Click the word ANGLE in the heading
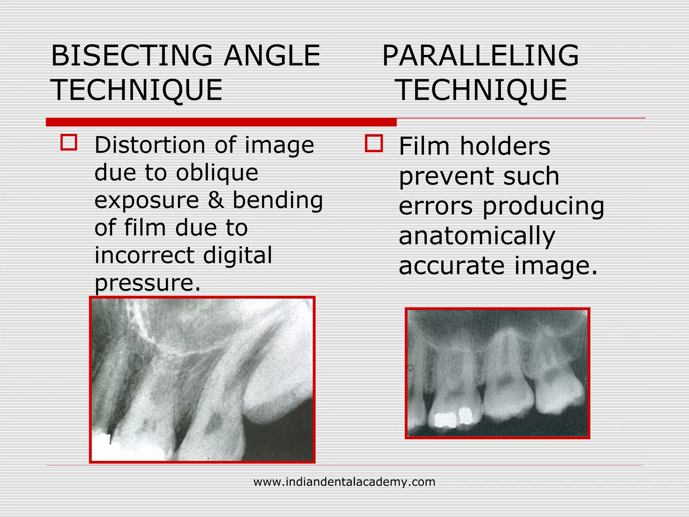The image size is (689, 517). coord(272,56)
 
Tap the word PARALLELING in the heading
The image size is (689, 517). coord(480,56)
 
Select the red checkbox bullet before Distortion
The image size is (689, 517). coord(69,142)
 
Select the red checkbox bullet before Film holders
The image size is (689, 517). coord(374,144)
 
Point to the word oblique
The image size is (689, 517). coord(217,173)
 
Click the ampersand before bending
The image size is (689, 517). coord(215,200)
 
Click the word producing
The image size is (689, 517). coord(543,206)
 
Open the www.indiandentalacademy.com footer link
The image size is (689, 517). coord(344,482)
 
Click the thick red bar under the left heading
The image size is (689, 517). coord(221,122)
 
